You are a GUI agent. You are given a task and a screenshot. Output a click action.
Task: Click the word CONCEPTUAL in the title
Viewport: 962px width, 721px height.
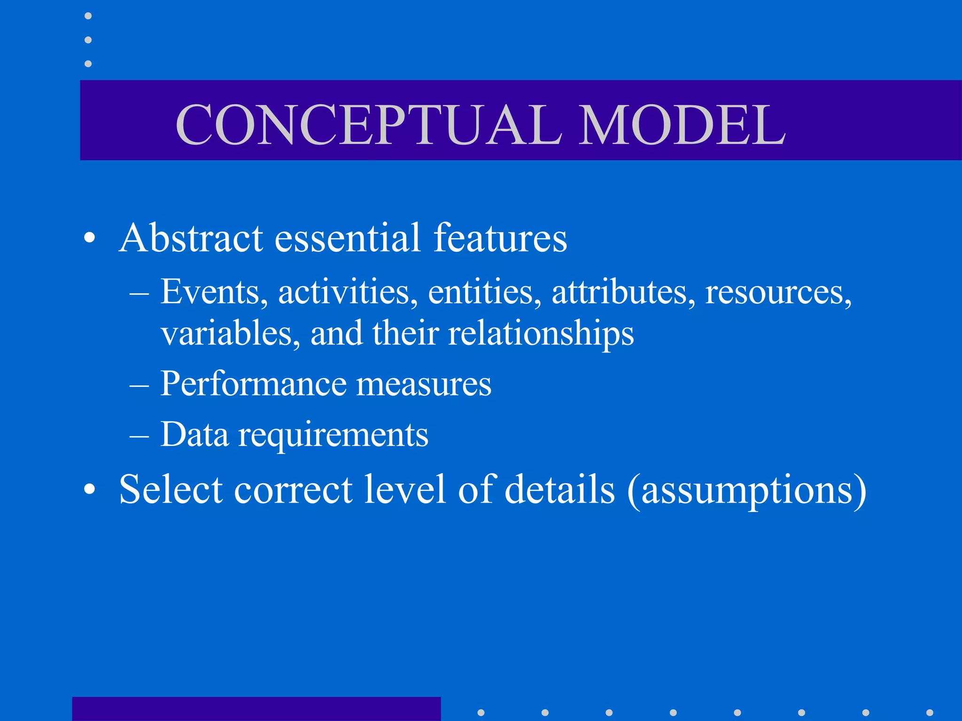click(x=369, y=125)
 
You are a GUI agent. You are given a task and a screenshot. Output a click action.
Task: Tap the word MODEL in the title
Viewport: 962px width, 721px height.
click(x=682, y=125)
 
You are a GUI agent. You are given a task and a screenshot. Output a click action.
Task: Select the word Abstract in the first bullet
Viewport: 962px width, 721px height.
click(x=191, y=238)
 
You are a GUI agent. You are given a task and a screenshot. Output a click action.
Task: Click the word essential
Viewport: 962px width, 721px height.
click(x=347, y=238)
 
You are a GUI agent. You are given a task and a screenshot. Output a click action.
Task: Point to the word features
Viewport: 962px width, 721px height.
click(x=500, y=238)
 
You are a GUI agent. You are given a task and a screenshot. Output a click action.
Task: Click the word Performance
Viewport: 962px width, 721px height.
click(x=253, y=384)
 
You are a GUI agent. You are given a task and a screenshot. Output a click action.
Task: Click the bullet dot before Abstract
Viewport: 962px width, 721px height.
click(x=89, y=238)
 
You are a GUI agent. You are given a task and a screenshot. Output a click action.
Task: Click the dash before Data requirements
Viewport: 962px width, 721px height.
click(x=139, y=436)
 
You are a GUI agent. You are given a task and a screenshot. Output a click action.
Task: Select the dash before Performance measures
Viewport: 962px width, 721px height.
click(x=139, y=385)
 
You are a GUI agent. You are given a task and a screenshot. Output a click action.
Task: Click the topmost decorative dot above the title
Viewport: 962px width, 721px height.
click(x=88, y=16)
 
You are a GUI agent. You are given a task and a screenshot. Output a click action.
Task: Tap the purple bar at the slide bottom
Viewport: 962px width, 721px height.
click(x=256, y=709)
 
